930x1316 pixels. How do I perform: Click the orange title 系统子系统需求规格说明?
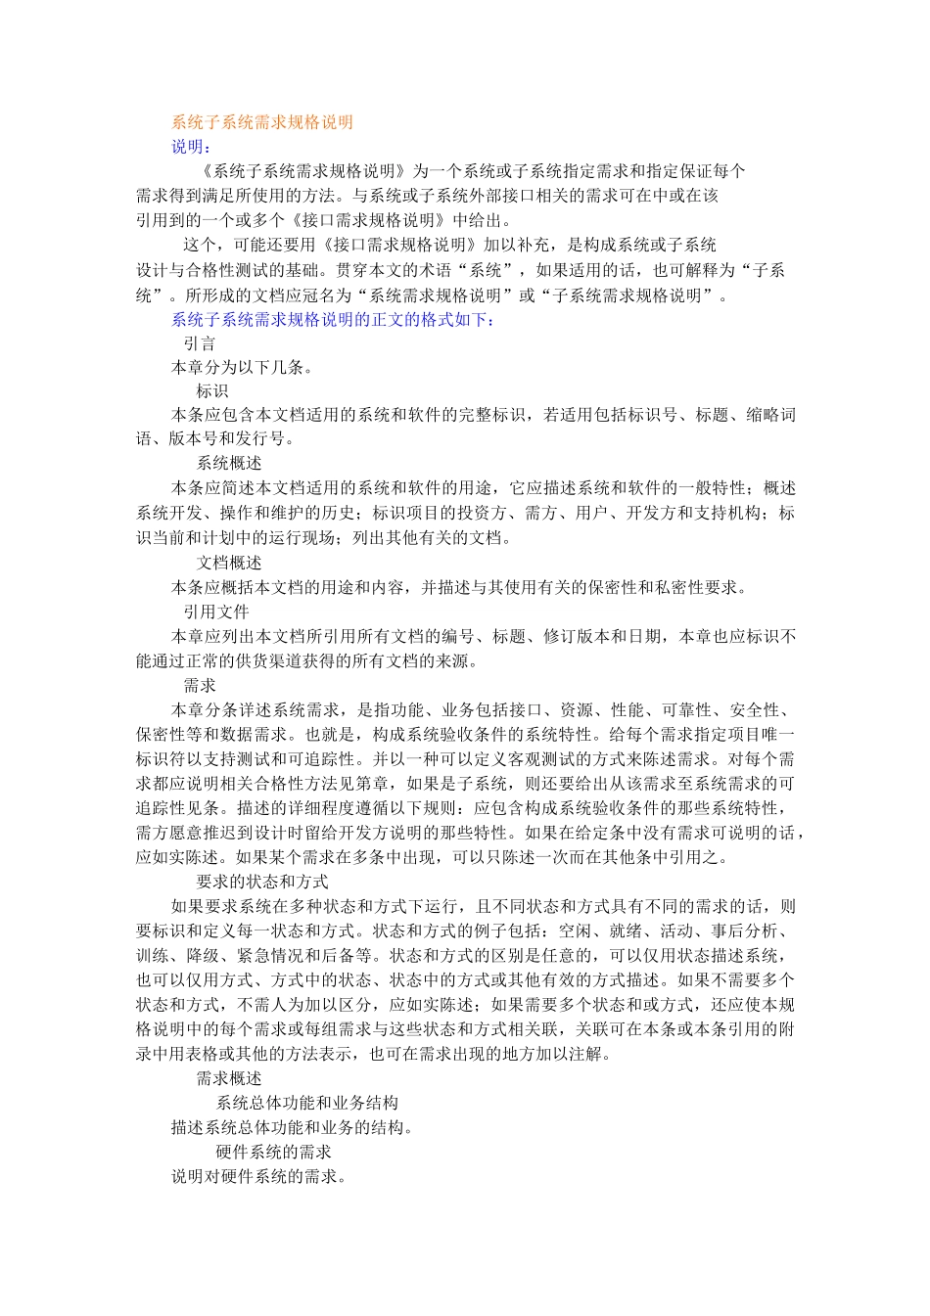coord(262,122)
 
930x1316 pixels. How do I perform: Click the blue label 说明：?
coord(191,147)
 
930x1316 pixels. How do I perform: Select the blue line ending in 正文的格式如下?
coord(334,319)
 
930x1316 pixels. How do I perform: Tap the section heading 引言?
coord(200,343)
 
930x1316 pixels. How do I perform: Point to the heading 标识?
coord(212,391)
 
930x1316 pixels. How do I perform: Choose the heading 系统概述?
coord(229,464)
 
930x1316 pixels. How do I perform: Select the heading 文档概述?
coord(229,563)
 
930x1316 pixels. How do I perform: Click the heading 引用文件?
coord(216,612)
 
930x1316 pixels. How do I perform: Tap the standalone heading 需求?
coord(200,686)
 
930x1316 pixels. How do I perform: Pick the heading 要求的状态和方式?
coord(262,882)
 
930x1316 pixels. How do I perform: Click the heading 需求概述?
coord(229,1078)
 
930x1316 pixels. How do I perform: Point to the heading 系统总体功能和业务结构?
coord(306,1103)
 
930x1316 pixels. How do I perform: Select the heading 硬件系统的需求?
coord(273,1152)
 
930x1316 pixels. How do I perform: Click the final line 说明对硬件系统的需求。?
coord(259,1176)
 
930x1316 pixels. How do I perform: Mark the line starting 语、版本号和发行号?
coord(215,439)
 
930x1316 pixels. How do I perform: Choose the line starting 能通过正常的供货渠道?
coord(307,661)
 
